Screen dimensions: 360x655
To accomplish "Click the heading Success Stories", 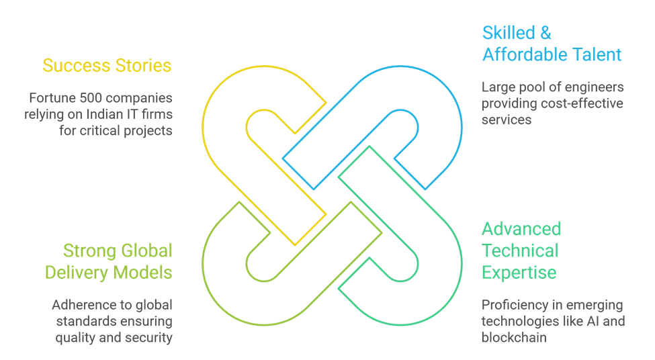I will (107, 66).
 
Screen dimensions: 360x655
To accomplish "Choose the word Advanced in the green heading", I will (521, 229).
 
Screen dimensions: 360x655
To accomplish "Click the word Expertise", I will (519, 273).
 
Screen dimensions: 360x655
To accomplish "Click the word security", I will (149, 337).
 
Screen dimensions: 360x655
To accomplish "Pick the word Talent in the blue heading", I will (598, 54).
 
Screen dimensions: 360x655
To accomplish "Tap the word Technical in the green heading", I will (520, 251).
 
